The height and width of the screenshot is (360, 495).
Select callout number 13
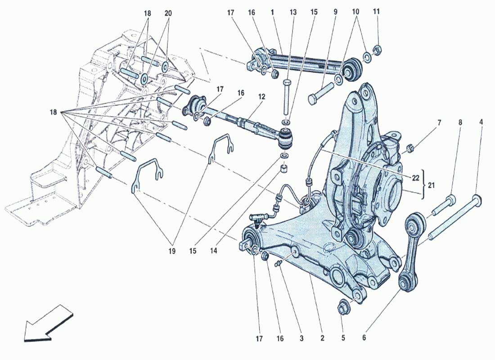tap(293, 13)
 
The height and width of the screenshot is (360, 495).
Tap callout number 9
tap(335, 13)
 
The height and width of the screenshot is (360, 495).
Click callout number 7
tap(439, 122)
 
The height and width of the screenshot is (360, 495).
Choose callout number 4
tap(481, 122)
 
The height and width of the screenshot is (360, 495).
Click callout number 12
tap(262, 97)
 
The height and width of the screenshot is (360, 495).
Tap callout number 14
tap(213, 251)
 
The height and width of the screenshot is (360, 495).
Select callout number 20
tap(168, 13)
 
